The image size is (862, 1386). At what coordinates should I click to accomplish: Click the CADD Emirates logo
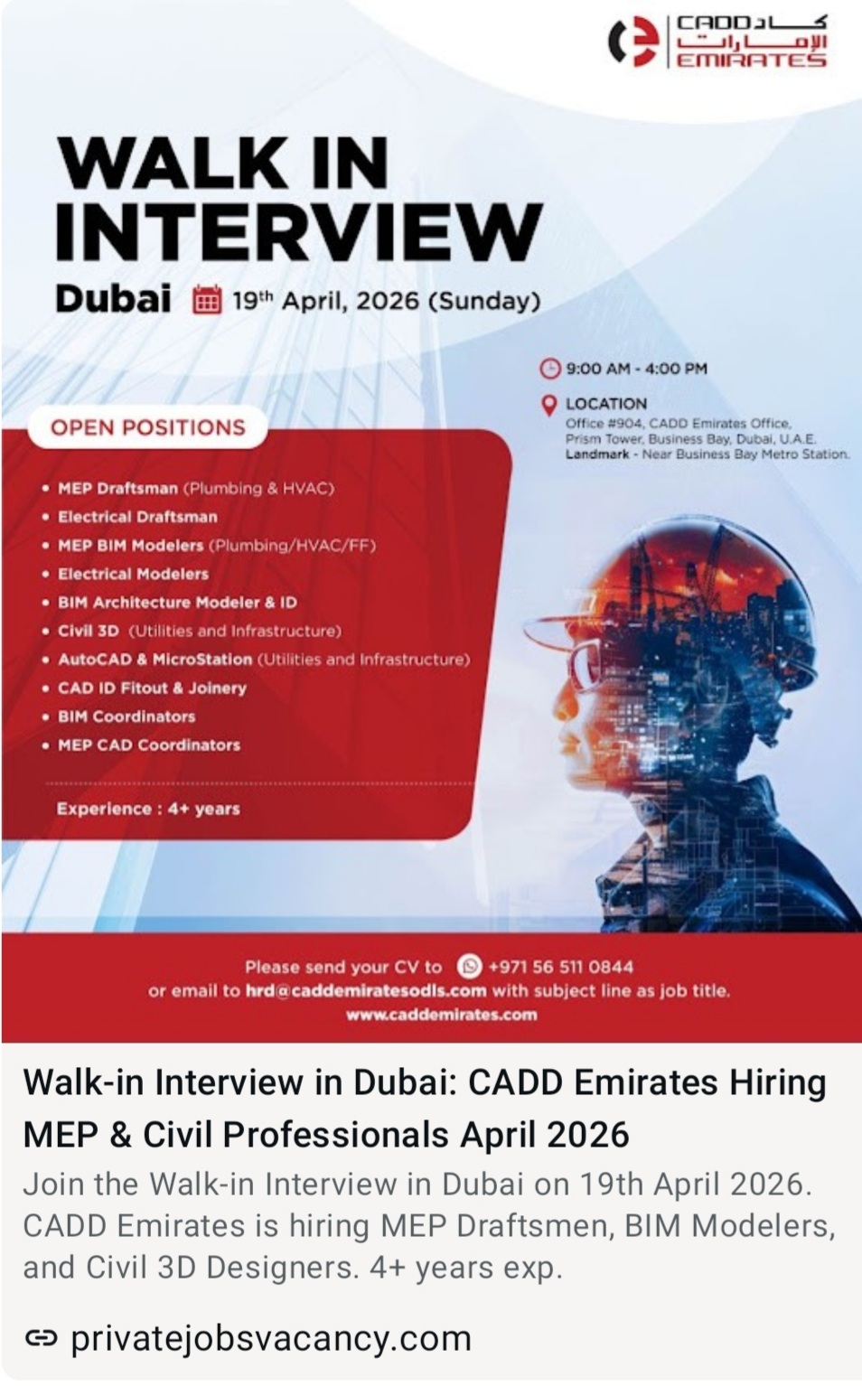point(717,42)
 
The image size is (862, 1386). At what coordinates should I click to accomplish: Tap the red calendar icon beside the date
point(207,300)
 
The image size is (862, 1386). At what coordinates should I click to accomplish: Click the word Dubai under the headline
point(113,299)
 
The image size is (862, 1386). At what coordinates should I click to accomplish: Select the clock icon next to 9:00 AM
point(549,369)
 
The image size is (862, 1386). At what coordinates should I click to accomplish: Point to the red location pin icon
point(548,405)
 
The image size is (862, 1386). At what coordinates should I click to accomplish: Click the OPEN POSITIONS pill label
point(148,427)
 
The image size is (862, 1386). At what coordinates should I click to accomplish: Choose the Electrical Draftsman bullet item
point(137,517)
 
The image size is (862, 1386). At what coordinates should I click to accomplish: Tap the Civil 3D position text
point(89,631)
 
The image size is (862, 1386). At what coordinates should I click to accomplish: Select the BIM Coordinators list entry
point(126,716)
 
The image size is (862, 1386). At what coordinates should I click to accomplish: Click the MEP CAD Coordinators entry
point(149,745)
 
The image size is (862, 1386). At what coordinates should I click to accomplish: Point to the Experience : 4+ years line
point(148,809)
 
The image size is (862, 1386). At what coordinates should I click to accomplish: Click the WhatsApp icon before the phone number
point(469,966)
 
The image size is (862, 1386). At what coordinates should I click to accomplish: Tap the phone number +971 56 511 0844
point(560,967)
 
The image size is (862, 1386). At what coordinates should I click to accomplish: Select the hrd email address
point(366,990)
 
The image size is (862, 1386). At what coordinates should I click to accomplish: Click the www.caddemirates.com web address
point(441,1015)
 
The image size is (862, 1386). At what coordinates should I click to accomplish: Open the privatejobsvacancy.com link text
point(270,1338)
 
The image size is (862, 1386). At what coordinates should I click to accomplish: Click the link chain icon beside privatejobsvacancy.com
point(41,1338)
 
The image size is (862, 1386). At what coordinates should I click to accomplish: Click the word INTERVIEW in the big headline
point(298,231)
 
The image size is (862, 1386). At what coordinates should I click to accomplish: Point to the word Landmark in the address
point(596,454)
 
